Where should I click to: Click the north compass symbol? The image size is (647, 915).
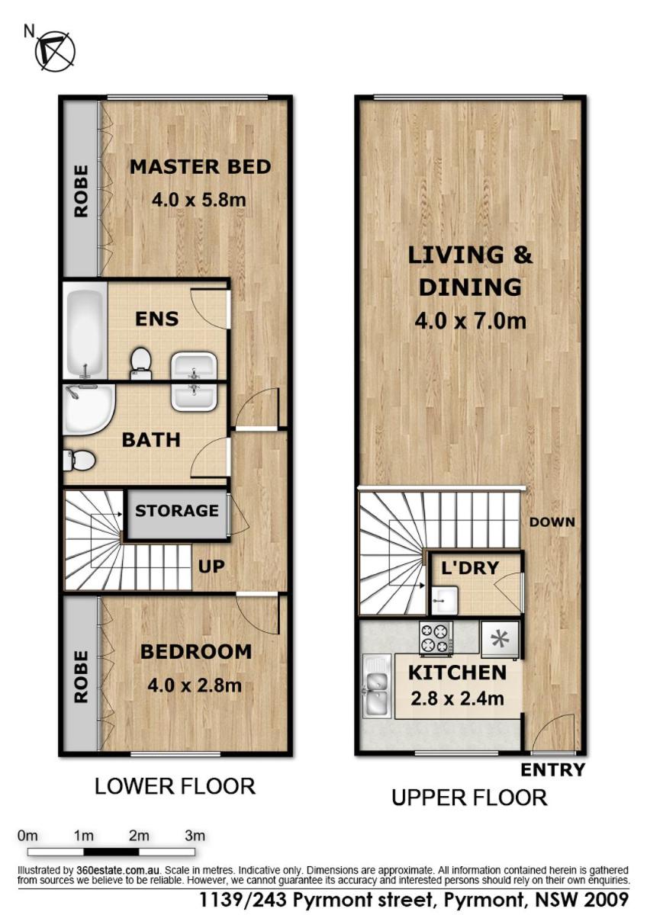point(55,52)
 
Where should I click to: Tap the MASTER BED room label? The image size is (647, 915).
point(200,167)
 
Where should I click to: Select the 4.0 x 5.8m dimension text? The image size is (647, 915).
point(199,200)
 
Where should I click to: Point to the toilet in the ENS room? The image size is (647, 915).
point(141,363)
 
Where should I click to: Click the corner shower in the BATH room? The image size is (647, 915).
point(89,409)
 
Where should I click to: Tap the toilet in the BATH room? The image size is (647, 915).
point(79,461)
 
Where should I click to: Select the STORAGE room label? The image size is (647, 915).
point(176,511)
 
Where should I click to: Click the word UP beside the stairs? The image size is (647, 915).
point(211,567)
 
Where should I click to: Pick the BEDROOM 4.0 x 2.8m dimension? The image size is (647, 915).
point(195,685)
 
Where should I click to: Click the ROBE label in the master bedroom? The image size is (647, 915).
point(81,191)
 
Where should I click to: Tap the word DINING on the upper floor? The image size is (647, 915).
point(470,287)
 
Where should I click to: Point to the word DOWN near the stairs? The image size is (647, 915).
point(552,522)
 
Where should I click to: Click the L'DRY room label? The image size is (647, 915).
point(470,568)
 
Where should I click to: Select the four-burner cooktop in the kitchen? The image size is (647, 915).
point(436,637)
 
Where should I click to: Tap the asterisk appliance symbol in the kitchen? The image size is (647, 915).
point(500,640)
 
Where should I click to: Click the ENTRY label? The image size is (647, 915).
point(552,770)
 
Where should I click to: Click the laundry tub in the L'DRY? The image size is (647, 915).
point(443,600)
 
